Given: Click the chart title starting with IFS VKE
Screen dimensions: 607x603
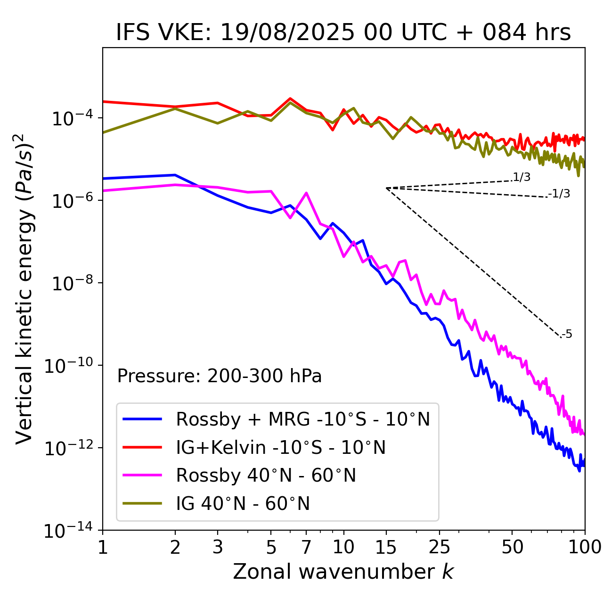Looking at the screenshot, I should [x=343, y=33].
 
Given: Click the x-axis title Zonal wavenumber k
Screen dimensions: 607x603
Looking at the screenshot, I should [x=343, y=571].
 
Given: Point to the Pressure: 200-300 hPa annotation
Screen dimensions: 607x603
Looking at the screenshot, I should [x=219, y=376].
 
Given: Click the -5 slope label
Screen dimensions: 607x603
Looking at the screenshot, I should [x=567, y=334].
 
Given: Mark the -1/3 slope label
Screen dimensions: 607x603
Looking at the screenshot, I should [x=560, y=193].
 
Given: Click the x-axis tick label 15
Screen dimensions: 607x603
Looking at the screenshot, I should [x=386, y=547].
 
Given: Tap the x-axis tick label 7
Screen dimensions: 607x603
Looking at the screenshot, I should [x=306, y=547].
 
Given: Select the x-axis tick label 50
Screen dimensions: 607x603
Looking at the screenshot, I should [x=513, y=547].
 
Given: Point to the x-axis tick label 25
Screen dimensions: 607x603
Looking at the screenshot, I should [x=439, y=547].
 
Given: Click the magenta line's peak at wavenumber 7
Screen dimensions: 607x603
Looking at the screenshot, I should [x=306, y=193].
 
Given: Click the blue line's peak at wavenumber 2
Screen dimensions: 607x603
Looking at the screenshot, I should [x=175, y=175].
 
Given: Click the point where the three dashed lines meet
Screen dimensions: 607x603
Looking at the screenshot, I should [x=386, y=188].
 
